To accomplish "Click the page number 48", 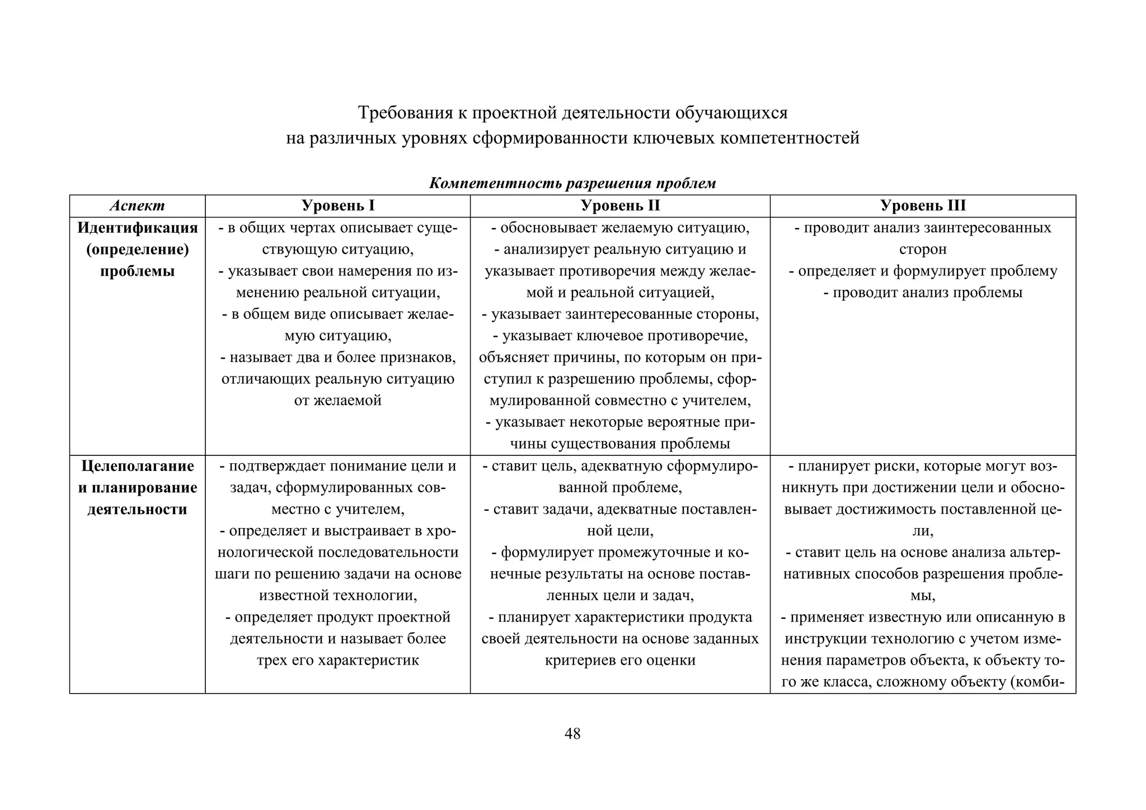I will click(572, 733).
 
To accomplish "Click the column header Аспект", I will click(137, 206).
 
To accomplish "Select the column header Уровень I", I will click(337, 206).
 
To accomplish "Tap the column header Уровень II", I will click(620, 206).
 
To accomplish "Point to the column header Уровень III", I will click(923, 206).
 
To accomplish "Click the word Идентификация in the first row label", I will click(137, 228).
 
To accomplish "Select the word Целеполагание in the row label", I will click(137, 466).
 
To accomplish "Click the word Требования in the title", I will click(405, 113).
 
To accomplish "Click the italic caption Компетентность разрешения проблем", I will click(572, 183).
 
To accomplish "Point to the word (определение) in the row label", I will click(137, 249).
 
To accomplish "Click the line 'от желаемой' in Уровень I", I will click(337, 401).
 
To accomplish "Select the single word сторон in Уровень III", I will click(923, 249).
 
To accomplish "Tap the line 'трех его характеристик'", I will click(337, 660).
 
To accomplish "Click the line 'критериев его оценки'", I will click(620, 660).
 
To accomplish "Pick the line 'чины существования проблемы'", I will click(620, 444).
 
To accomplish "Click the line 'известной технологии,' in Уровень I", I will click(337, 595).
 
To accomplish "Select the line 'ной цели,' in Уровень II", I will click(620, 530).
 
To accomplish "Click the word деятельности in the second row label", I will click(137, 510).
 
